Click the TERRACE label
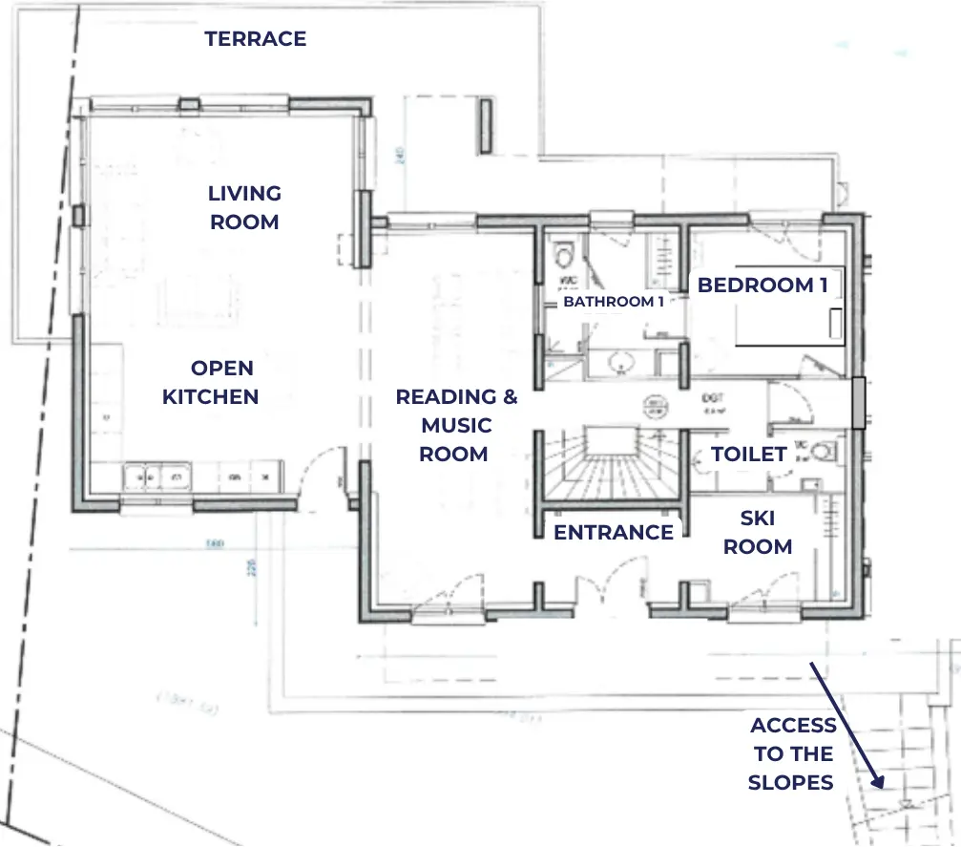pyautogui.click(x=255, y=39)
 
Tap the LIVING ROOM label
pyautogui.click(x=244, y=207)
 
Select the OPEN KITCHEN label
pyautogui.click(x=210, y=382)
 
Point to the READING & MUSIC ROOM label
pyautogui.click(x=455, y=425)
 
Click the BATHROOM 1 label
pyautogui.click(x=613, y=302)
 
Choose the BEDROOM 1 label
pyautogui.click(x=762, y=285)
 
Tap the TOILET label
pyautogui.click(x=749, y=455)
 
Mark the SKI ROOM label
pyautogui.click(x=758, y=532)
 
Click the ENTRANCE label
pyautogui.click(x=614, y=532)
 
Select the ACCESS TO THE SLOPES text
pyautogui.click(x=792, y=753)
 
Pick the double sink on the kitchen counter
pyautogui.click(x=158, y=474)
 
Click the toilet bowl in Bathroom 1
pyautogui.click(x=565, y=255)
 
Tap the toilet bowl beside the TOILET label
pyautogui.click(x=826, y=450)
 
